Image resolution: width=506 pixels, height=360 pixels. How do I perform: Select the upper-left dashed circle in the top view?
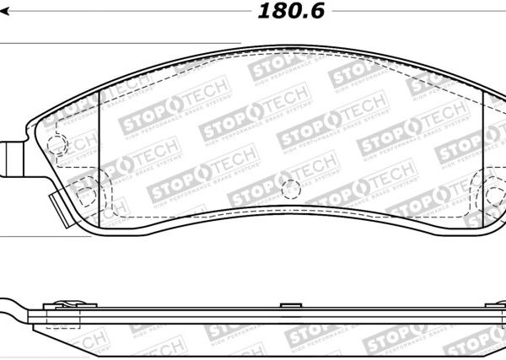56,144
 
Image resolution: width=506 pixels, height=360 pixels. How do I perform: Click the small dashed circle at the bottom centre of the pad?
290,190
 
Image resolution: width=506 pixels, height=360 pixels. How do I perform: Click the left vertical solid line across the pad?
100,156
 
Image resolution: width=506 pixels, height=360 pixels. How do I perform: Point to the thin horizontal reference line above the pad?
118,44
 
